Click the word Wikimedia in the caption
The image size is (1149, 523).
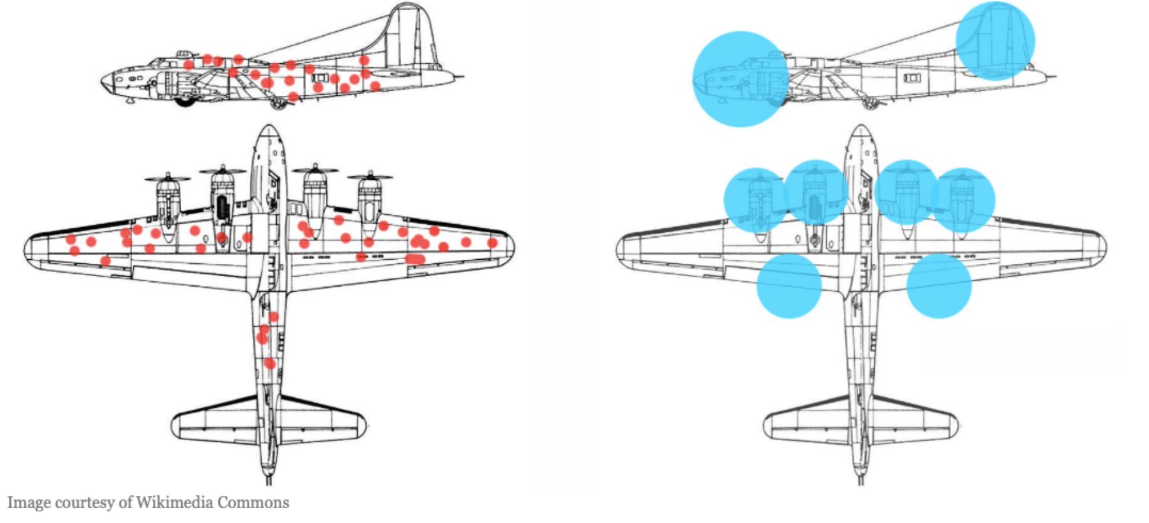pos(175,503)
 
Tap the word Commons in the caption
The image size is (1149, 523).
pos(253,503)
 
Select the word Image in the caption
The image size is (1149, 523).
pos(29,503)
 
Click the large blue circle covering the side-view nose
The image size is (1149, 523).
pos(740,79)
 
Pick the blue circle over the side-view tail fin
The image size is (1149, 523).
pos(995,41)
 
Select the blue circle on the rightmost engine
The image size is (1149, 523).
pos(963,200)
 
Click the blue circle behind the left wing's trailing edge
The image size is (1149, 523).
pos(789,286)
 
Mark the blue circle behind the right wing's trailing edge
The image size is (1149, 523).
pos(939,286)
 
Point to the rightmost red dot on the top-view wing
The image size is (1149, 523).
pos(492,243)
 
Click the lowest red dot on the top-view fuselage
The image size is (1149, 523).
pos(269,363)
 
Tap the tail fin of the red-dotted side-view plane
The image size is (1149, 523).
pos(409,35)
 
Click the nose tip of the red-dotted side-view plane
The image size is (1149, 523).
pos(103,80)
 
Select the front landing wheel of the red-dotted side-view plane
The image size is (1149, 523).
pos(185,101)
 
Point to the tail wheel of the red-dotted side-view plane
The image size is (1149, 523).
pos(277,104)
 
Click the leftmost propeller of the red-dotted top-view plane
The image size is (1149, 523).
pos(168,177)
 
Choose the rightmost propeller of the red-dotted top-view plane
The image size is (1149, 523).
pos(370,176)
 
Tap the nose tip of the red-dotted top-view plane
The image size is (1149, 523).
pos(269,127)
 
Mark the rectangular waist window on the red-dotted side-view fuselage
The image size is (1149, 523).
pos(320,78)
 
